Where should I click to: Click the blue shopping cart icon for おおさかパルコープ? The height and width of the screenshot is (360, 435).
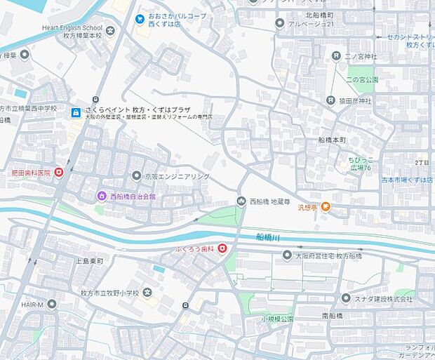(x=140, y=18)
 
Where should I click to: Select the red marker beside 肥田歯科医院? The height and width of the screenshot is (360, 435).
(x=59, y=172)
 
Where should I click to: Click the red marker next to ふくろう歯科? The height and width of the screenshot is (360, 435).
(x=222, y=248)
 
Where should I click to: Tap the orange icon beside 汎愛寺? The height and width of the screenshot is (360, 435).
(x=326, y=207)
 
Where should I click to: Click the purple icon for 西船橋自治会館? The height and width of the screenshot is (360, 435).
(x=102, y=196)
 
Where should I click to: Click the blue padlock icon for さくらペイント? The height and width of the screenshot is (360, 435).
(x=75, y=112)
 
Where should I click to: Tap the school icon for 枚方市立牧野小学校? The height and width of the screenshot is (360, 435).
(x=147, y=293)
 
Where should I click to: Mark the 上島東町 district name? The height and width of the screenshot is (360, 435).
(x=89, y=261)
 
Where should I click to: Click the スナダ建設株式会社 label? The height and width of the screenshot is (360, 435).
(x=383, y=299)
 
